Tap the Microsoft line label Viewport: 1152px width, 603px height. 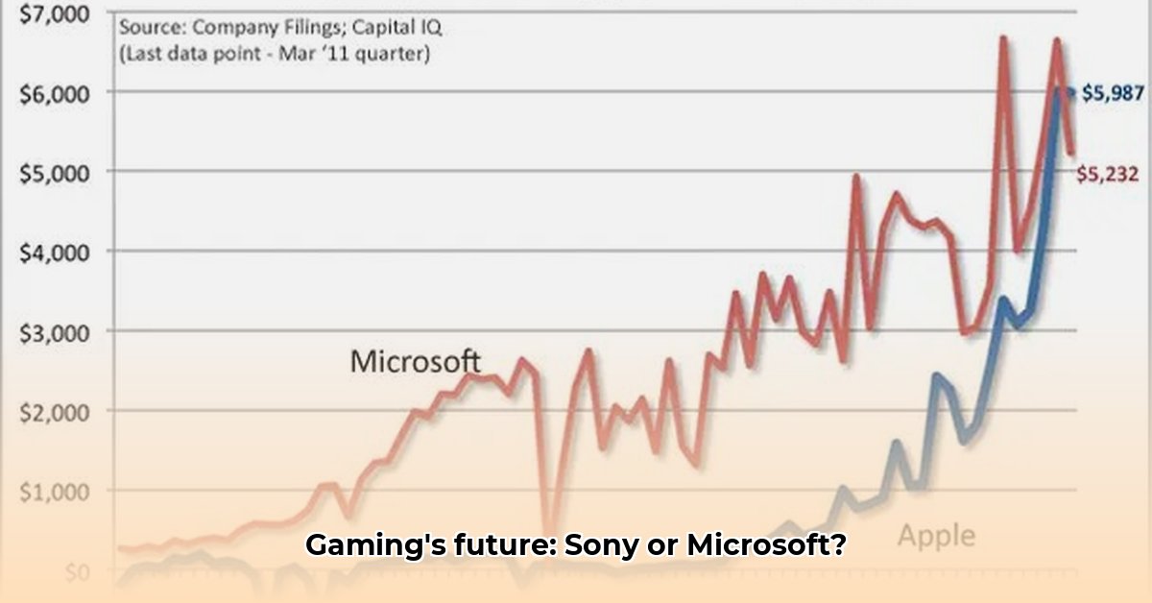[415, 361]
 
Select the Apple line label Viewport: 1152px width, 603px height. [935, 535]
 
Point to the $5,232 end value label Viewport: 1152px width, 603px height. [1107, 174]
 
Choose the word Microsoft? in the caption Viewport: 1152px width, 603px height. [766, 546]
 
